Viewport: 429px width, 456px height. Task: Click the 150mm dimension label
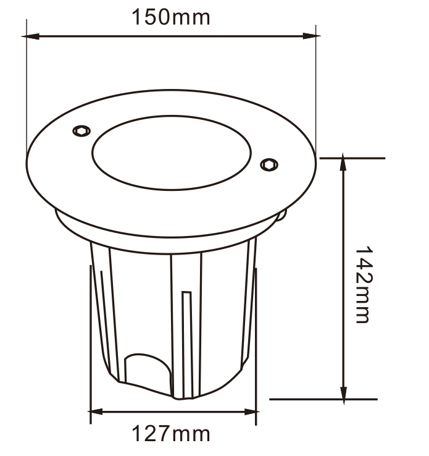click(x=171, y=17)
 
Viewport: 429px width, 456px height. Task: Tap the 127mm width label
click(x=171, y=434)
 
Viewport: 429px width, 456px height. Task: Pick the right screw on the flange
click(x=269, y=164)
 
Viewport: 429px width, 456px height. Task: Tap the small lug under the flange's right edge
click(x=281, y=216)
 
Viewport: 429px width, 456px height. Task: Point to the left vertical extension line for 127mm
click(x=91, y=346)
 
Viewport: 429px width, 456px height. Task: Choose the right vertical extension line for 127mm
click(x=256, y=346)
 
